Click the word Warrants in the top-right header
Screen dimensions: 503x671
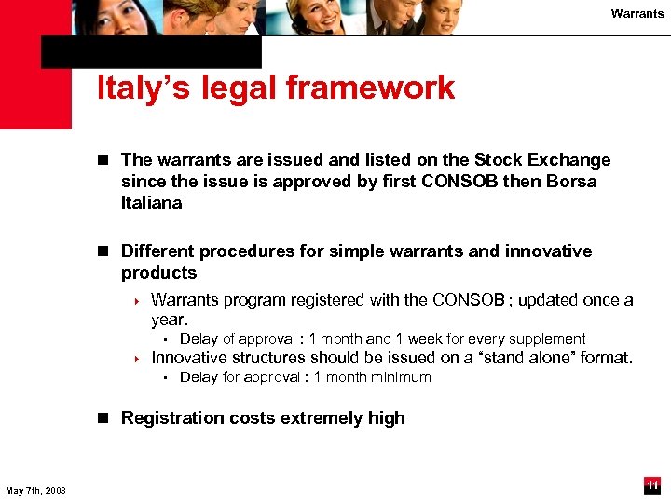point(637,13)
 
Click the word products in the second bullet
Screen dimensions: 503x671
point(158,273)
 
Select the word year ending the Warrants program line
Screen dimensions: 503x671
point(169,319)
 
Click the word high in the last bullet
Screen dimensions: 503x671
point(386,418)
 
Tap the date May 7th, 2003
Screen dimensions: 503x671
point(35,490)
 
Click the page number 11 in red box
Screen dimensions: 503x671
point(652,485)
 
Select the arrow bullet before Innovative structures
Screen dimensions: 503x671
point(136,359)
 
